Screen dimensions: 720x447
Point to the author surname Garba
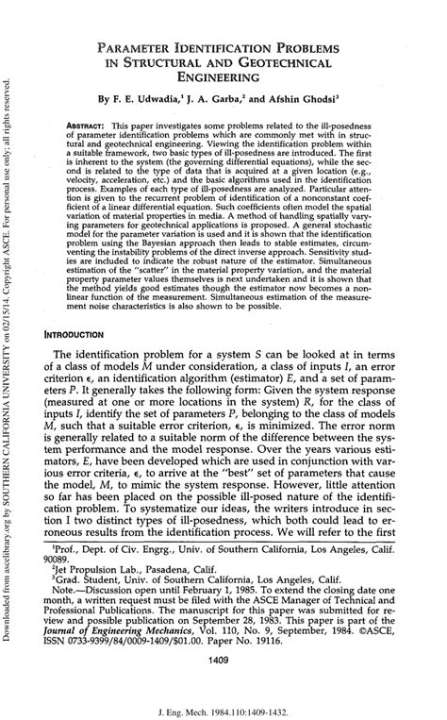point(239,98)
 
